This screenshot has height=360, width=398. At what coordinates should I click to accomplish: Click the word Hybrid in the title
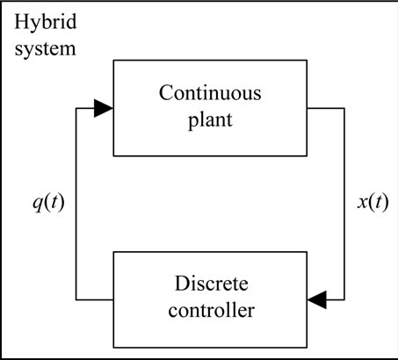46,23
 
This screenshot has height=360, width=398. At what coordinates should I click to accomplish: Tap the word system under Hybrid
46,49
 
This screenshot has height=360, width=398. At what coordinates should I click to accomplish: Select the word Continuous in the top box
210,93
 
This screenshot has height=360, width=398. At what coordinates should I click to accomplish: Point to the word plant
210,120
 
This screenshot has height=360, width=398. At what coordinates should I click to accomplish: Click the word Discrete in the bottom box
211,284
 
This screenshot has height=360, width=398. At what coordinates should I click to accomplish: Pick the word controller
211,310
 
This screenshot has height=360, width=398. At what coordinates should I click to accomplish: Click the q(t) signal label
48,203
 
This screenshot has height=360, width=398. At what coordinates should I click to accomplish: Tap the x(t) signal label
373,203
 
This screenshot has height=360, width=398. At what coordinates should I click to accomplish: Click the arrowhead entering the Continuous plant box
104,108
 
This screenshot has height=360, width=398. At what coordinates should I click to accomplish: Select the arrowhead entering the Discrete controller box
317,299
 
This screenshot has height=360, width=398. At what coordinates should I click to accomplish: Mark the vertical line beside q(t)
76,204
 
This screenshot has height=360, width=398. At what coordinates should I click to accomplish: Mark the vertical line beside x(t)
344,204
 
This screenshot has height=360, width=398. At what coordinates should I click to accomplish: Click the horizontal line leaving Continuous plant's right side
326,108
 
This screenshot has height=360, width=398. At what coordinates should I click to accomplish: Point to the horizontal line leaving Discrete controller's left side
95,299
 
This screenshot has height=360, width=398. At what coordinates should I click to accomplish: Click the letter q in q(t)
38,205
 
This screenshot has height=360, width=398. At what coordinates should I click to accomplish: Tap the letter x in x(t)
362,203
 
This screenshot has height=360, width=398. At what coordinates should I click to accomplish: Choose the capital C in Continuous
166,93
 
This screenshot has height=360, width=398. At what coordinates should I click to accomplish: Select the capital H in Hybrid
22,22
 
